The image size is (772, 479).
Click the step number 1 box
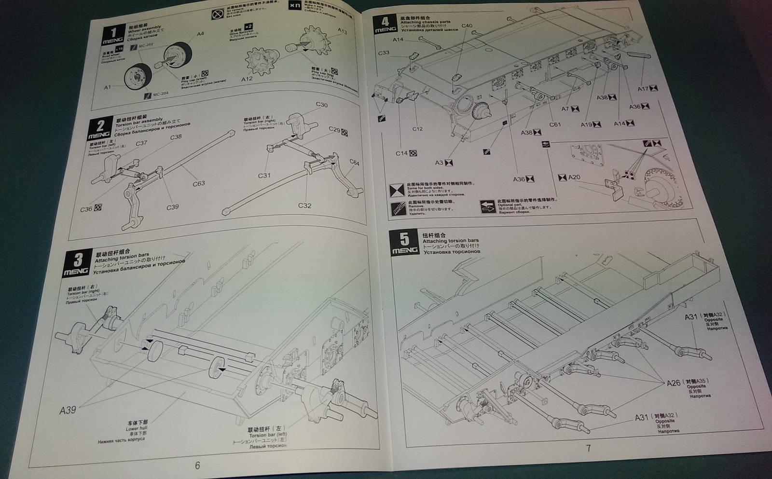tap(113, 35)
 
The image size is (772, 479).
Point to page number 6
tap(197, 465)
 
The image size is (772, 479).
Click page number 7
tap(588, 448)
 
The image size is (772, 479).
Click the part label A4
tap(200, 34)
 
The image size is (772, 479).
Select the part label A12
tap(247, 79)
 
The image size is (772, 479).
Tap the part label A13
tap(342, 31)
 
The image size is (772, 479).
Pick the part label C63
tap(199, 183)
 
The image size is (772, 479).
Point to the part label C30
tap(322, 105)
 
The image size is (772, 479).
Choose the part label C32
tap(304, 205)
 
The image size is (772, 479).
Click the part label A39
tap(68, 410)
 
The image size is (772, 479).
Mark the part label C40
tap(467, 26)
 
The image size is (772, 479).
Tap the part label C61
tap(555, 124)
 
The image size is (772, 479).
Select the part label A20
tap(574, 177)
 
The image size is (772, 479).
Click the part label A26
tap(674, 383)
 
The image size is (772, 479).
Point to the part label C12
tap(417, 129)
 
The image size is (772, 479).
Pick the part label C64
tap(354, 163)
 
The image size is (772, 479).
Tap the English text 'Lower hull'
tap(136, 428)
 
